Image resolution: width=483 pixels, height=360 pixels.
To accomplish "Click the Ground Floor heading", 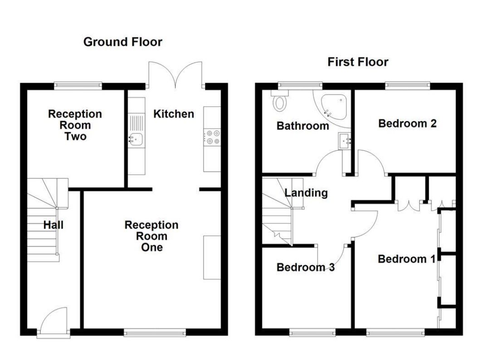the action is tap(122, 42).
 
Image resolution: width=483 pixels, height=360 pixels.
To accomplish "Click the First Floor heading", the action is tap(358, 62).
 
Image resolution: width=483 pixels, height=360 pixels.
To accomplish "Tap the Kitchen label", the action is tap(174, 114).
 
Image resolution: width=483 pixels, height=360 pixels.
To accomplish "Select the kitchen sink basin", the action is tap(136, 139).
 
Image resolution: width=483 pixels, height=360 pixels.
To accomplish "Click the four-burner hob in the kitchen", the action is tap(212, 137).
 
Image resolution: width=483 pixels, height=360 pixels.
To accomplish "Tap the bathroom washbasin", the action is tap(345, 141).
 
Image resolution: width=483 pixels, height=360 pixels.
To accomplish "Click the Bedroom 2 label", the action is tap(407, 123).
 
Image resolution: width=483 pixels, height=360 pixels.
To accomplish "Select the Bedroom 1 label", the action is tap(407, 259).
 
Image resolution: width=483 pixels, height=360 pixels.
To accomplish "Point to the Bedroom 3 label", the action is tap(305, 267).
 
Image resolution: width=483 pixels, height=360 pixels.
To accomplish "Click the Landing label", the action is tap(306, 193).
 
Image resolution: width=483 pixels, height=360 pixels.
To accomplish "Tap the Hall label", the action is tap(54, 225).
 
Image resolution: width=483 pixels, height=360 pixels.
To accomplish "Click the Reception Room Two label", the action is tap(75, 125).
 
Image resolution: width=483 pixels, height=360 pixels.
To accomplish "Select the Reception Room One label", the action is tap(151, 236).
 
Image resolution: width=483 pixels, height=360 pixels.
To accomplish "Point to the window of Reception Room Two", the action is tap(78, 86).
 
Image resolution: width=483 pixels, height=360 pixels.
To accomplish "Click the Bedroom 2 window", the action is tap(407, 86).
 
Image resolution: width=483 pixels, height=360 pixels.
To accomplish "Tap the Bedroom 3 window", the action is tap(312, 332).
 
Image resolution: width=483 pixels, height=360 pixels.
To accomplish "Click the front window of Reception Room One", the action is tap(155, 332).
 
